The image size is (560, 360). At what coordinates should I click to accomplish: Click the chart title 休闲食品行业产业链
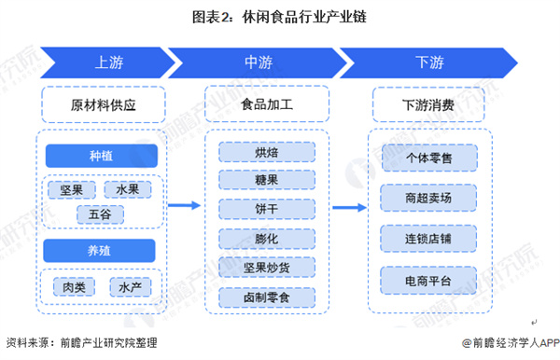[x=279, y=16]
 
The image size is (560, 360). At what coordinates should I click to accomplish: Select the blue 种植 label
[x=102, y=155]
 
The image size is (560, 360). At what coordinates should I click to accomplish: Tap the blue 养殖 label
[x=102, y=249]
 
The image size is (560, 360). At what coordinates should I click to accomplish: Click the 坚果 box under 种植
[x=73, y=190]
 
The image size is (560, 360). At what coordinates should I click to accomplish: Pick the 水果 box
[x=129, y=190]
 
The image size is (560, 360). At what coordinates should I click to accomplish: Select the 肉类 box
[x=73, y=287]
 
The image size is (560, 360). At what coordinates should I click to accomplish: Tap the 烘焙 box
[x=266, y=152]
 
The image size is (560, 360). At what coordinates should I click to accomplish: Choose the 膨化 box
[x=266, y=239]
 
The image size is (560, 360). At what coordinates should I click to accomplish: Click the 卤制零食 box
[x=266, y=298]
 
